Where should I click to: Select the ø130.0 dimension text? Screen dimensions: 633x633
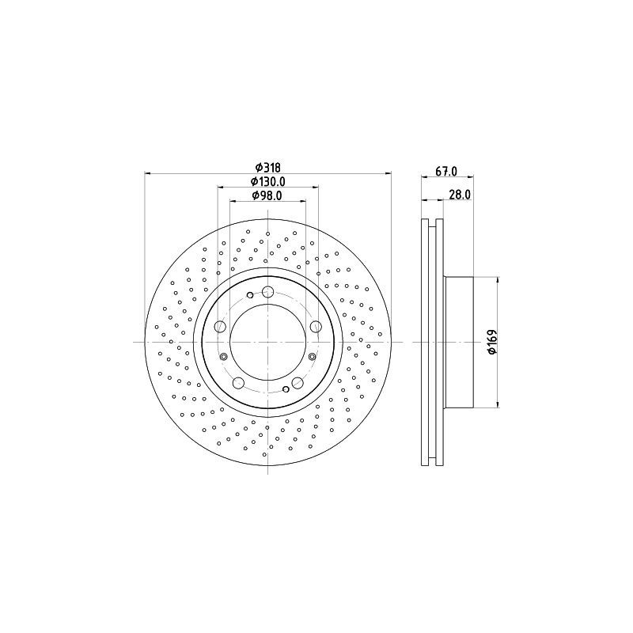coord(268,181)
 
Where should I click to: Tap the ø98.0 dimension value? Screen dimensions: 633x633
coord(267,195)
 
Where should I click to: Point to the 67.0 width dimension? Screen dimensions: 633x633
coord(446,169)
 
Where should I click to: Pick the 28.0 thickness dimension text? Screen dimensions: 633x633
coord(460,194)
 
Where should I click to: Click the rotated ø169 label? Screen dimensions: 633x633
coord(491,341)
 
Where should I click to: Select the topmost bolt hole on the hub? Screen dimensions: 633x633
coord(268,291)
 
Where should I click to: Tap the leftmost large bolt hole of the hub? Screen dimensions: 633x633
coord(221,327)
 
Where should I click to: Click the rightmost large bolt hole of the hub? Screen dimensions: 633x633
coord(316,327)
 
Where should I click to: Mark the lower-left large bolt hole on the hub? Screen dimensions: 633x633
coord(239,383)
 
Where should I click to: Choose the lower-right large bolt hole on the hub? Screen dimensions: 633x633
coord(298,383)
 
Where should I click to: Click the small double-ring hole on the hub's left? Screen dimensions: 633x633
coord(224,358)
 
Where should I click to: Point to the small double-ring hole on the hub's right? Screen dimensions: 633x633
coord(313,358)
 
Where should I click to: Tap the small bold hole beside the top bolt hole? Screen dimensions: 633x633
coord(252,294)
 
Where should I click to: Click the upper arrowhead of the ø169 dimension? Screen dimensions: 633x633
coord(497,280)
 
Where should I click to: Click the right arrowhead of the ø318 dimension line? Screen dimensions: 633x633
coord(389,173)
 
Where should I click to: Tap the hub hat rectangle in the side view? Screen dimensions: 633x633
coord(458,342)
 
